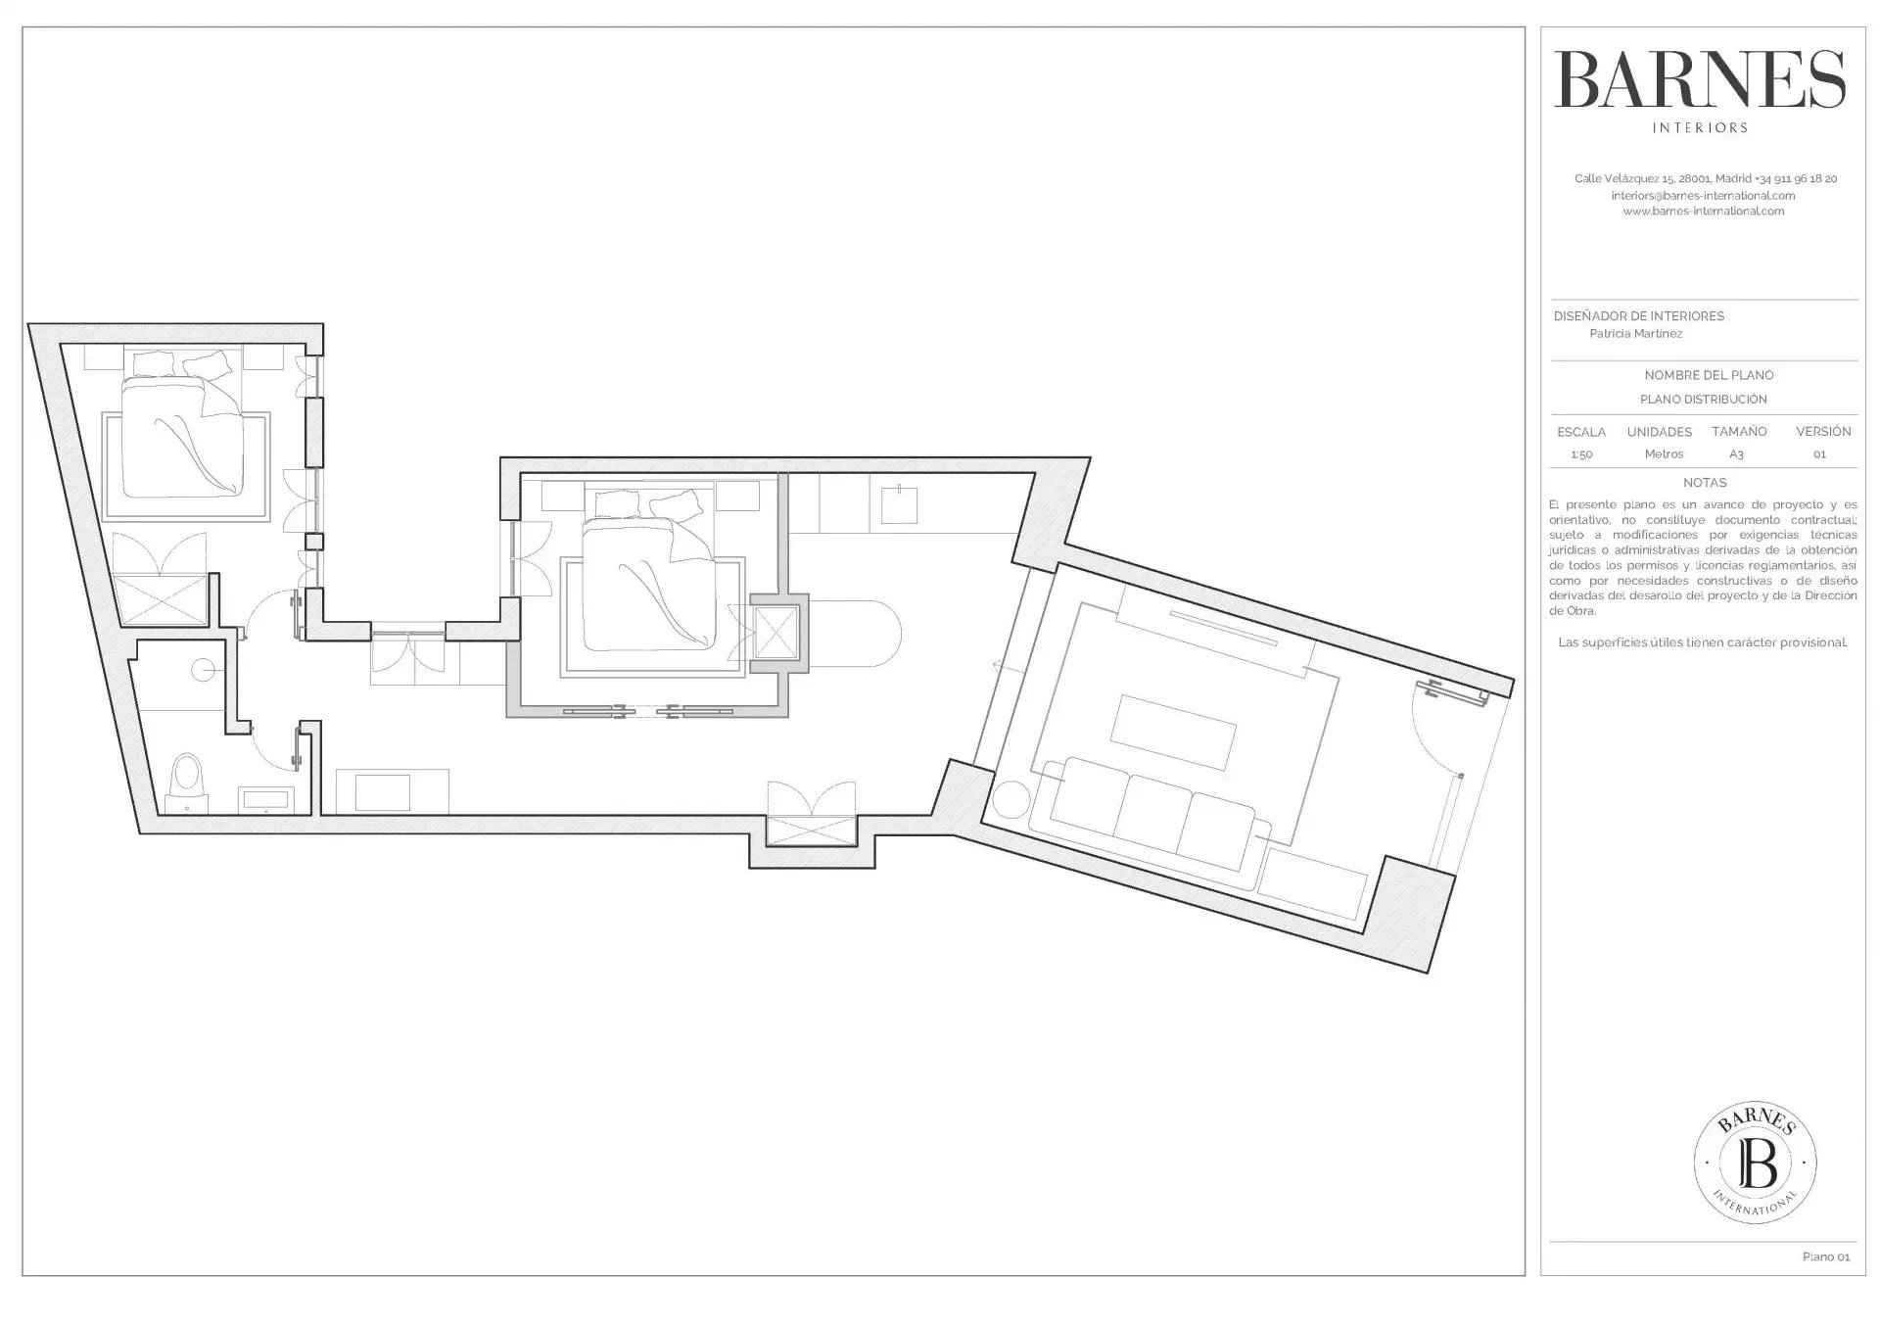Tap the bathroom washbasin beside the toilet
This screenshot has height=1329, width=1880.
(266, 800)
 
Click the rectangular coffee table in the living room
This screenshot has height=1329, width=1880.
(1172, 733)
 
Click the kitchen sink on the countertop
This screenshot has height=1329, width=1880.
(900, 506)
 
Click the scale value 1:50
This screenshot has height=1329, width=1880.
(1581, 454)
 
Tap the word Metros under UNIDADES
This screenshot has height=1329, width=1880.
(1664, 454)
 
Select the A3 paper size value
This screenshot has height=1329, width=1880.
(1736, 454)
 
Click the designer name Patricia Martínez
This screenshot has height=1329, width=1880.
(1636, 334)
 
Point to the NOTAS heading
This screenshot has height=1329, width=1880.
(1705, 483)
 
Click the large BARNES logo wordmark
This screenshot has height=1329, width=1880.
(1700, 79)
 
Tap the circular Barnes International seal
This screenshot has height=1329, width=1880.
(1756, 1163)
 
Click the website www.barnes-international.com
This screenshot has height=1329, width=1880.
(1704, 212)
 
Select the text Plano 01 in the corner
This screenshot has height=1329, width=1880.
(1826, 1257)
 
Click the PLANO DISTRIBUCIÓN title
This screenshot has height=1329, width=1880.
(1704, 400)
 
